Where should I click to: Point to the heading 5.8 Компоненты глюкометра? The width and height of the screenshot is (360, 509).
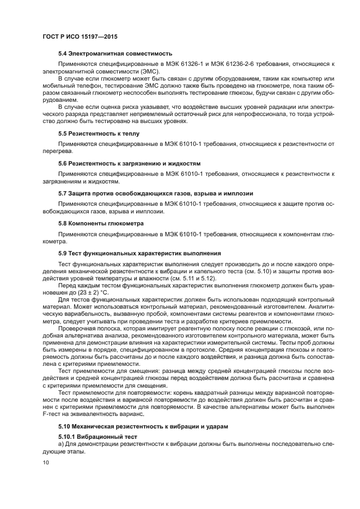pos(101,223)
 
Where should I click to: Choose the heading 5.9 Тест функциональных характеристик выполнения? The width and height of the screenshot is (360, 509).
pos(139,253)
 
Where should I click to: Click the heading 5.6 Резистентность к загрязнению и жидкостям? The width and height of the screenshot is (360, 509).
pos(130,163)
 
